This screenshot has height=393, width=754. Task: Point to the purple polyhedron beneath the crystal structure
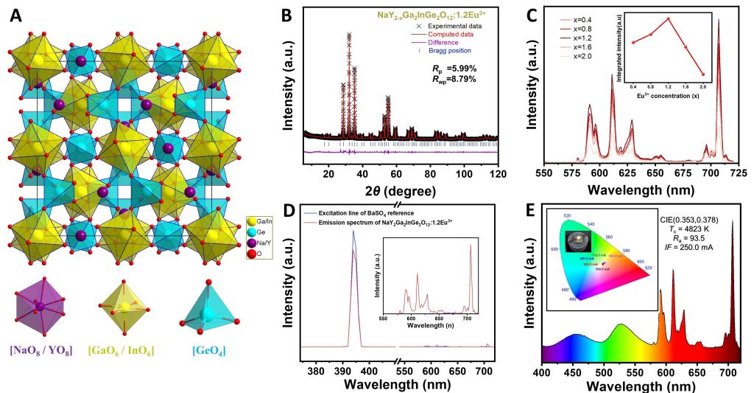coord(40,305)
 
